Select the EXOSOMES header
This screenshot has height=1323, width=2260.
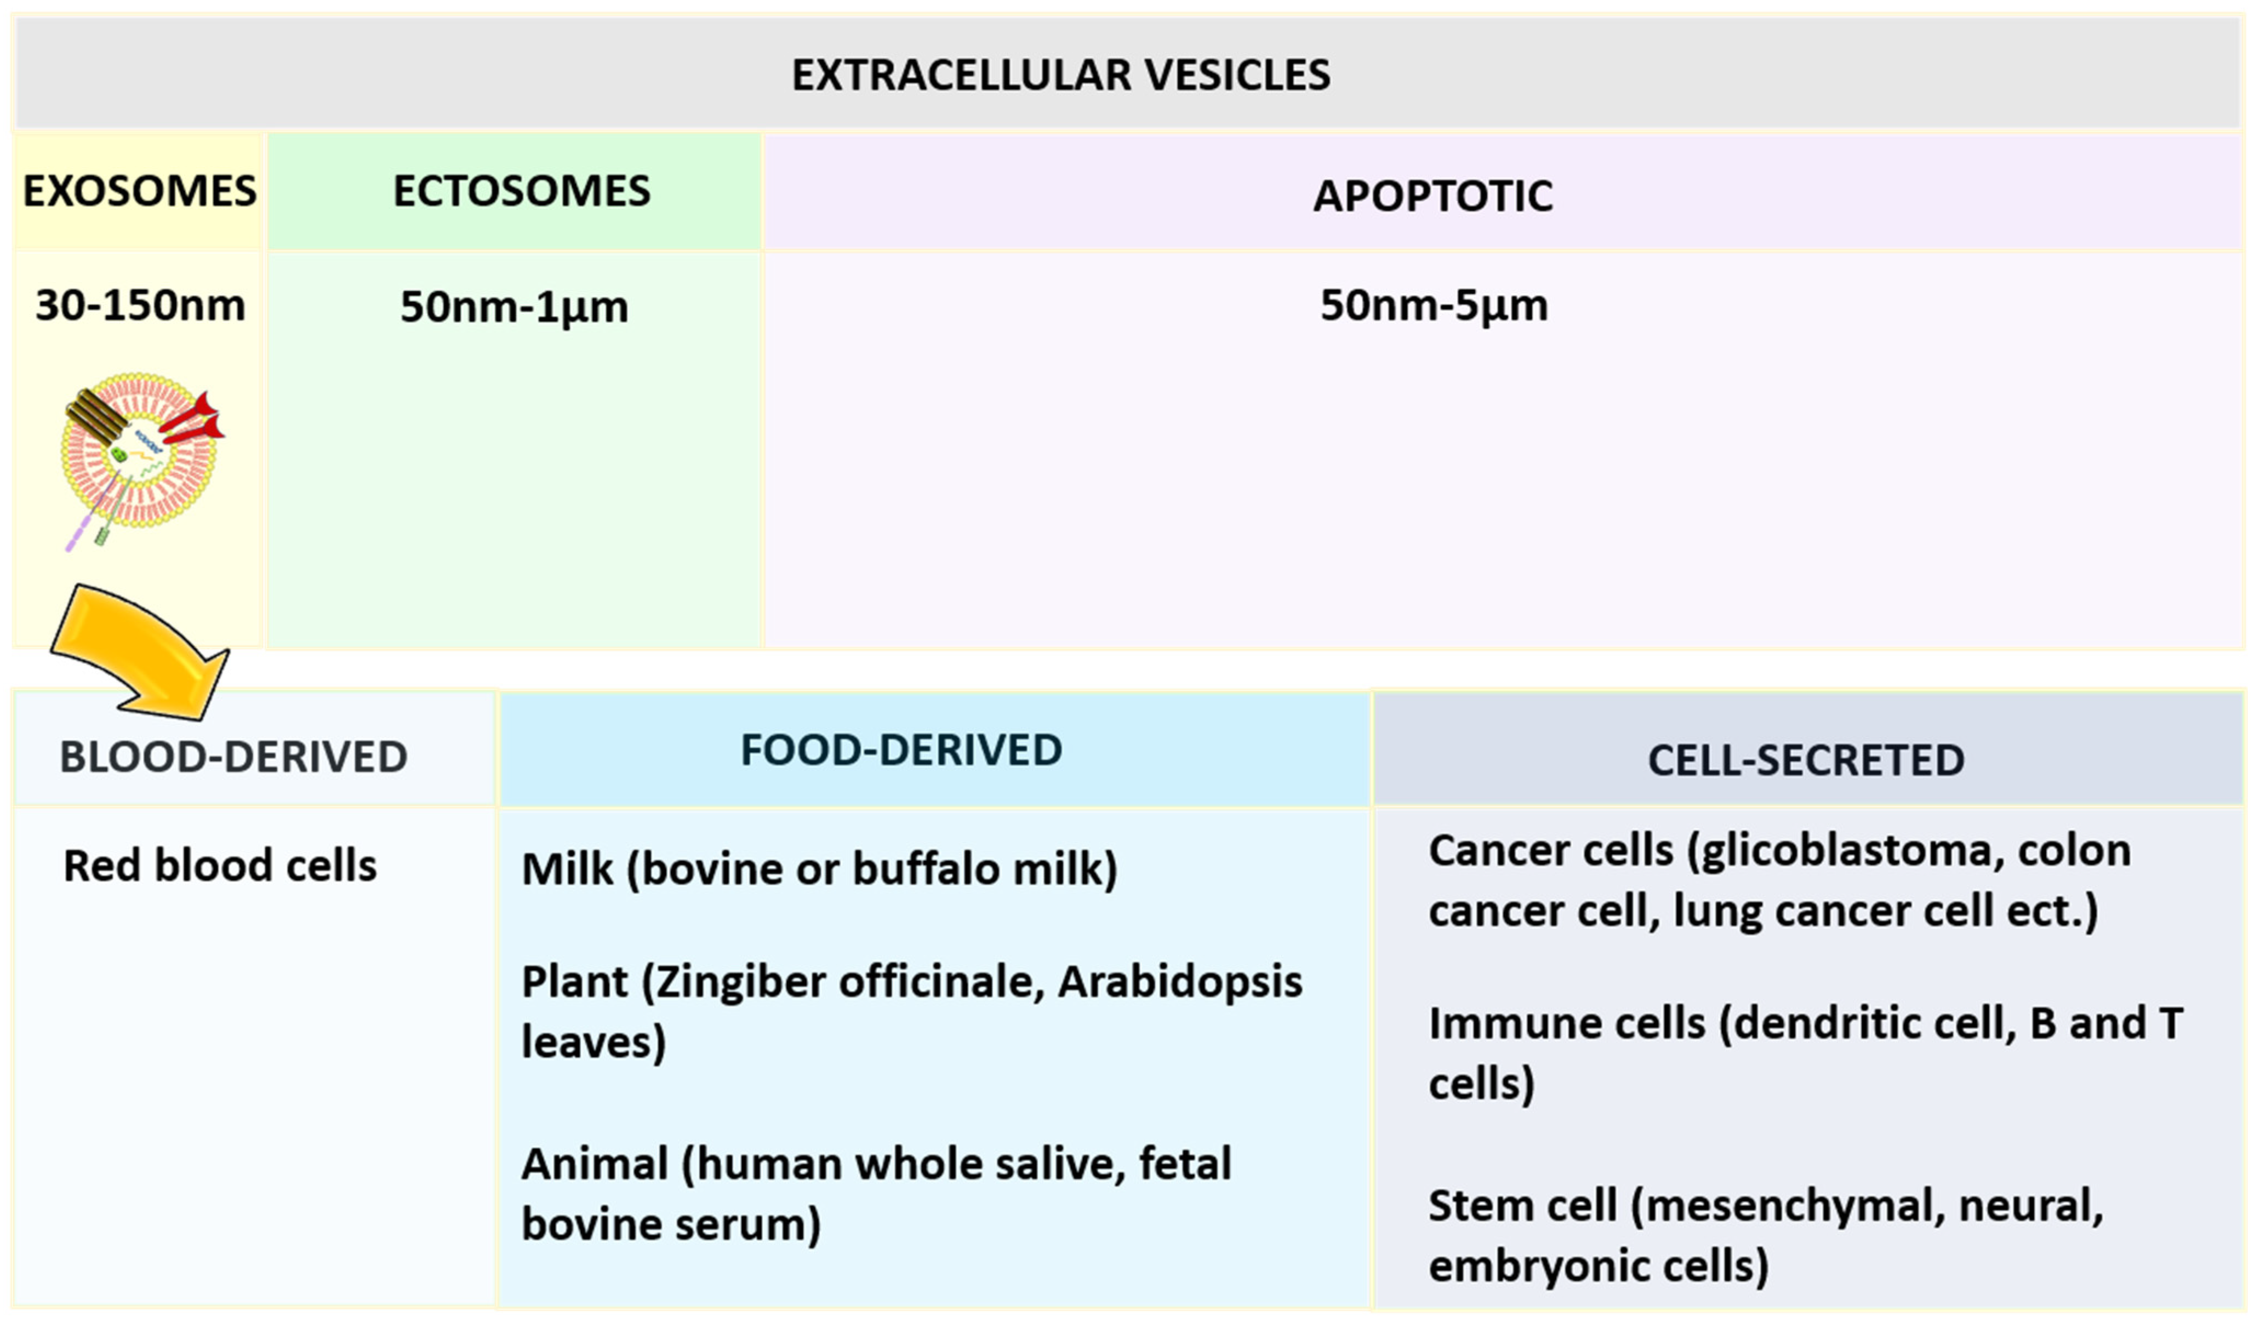click(139, 191)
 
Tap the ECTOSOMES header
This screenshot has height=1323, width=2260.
click(521, 191)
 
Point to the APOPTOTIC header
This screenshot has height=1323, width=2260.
click(1433, 196)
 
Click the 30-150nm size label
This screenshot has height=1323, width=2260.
click(139, 306)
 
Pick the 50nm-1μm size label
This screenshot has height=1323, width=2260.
click(514, 307)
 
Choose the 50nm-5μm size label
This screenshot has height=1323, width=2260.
click(1433, 306)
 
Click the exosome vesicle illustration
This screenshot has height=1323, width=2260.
click(139, 453)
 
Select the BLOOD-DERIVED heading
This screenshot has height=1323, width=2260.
click(233, 758)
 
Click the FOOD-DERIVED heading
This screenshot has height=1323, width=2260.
click(901, 750)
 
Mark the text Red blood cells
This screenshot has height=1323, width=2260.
click(220, 866)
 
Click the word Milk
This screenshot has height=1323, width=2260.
click(567, 869)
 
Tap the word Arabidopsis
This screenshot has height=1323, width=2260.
click(1179, 982)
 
